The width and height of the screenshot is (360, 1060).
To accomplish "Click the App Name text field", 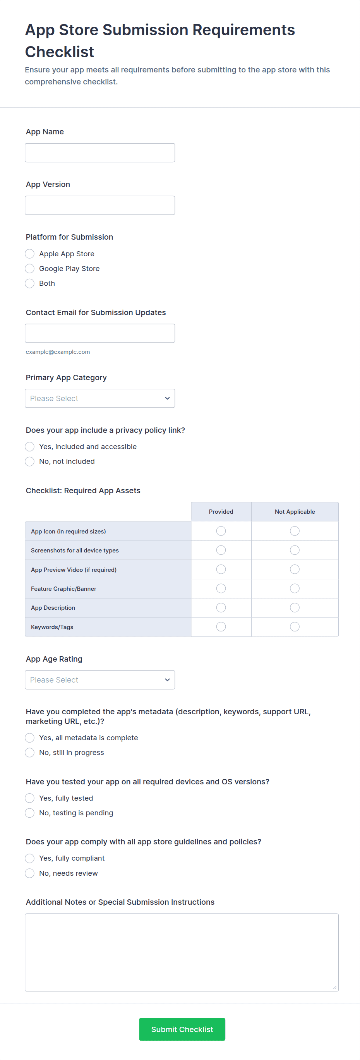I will click(x=99, y=153).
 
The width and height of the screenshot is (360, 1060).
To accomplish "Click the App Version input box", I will click(x=99, y=205).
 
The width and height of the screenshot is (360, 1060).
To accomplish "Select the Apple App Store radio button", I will click(x=30, y=254).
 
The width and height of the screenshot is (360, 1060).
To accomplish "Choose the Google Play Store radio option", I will click(x=30, y=269).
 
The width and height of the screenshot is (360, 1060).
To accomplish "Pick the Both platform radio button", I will click(x=30, y=283).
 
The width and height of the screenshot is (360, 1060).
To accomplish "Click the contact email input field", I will click(x=99, y=333).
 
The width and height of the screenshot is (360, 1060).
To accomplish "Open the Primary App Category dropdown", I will click(x=99, y=398).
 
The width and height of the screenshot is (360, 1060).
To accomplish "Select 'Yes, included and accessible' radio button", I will click(x=30, y=447).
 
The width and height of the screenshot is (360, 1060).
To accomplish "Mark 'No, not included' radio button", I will click(x=30, y=462).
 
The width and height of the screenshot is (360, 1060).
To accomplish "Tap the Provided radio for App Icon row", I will click(x=221, y=531).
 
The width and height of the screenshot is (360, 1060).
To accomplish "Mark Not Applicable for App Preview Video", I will click(x=295, y=569).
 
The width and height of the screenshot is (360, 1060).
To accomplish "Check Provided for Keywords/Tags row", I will click(x=221, y=627).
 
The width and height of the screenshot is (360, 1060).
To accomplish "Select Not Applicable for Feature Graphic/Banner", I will click(x=295, y=588).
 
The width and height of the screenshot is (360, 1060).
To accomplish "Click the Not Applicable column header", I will click(x=295, y=511).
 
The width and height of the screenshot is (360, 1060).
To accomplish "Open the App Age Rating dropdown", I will click(x=99, y=680).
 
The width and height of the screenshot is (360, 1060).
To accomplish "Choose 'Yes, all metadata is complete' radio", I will click(x=30, y=738).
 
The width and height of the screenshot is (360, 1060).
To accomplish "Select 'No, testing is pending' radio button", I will click(x=30, y=813).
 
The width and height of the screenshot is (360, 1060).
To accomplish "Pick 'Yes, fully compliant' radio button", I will click(x=30, y=858).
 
